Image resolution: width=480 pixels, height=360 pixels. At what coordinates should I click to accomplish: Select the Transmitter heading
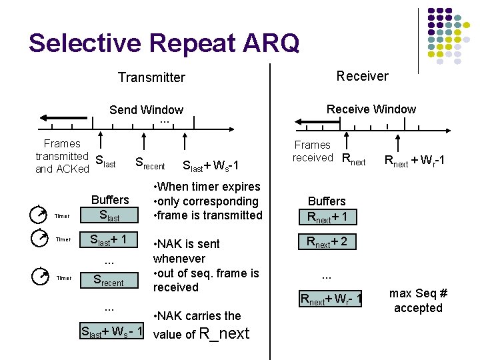pos(151,77)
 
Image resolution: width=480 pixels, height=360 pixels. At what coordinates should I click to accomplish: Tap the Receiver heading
pos(362,76)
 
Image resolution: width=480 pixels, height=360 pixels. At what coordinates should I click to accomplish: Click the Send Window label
pos(146,110)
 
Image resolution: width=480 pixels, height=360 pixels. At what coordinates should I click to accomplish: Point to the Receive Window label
pos(371,109)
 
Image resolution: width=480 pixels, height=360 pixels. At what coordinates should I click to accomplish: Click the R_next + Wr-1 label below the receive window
pos(414,161)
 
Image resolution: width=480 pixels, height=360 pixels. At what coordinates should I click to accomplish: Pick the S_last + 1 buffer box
pos(109,241)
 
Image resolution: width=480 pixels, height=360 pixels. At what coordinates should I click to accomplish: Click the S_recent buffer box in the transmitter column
pos(109,281)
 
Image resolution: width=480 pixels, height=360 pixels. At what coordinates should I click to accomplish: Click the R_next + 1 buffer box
pos(327,217)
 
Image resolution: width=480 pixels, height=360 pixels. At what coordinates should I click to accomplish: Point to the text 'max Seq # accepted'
pos(418,300)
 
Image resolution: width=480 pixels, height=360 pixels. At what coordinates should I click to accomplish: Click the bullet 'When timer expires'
pos(207,187)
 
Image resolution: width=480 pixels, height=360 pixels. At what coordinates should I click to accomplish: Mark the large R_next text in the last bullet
pos(225,333)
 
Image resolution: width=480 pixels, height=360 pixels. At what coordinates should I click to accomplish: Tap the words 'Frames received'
pos(313,151)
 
